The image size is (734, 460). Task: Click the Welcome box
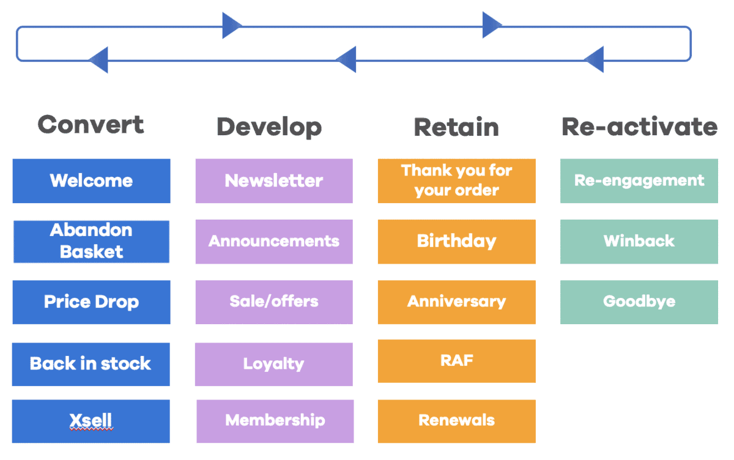[x=91, y=181]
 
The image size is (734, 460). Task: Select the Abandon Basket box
[x=91, y=242]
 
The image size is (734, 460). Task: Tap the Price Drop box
[x=91, y=302]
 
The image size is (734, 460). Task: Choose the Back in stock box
[x=91, y=364]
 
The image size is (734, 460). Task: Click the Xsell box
[x=91, y=421]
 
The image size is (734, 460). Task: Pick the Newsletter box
[x=274, y=181]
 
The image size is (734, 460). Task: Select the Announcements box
[x=274, y=242]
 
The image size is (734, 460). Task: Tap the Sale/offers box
[x=274, y=302]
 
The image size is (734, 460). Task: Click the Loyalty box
[x=273, y=364]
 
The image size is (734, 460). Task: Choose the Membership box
[x=275, y=421]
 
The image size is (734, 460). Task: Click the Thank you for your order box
[x=457, y=181]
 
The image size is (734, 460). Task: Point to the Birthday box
[x=457, y=242]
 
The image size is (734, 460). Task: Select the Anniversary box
[x=457, y=302]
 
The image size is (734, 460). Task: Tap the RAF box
[x=457, y=361]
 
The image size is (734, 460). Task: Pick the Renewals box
[x=457, y=421]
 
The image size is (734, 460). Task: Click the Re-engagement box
[x=639, y=181]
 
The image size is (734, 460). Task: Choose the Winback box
[x=639, y=242]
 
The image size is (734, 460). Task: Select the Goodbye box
[x=639, y=302]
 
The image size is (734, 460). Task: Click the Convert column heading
[x=91, y=125]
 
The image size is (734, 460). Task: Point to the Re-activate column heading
[x=640, y=127]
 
